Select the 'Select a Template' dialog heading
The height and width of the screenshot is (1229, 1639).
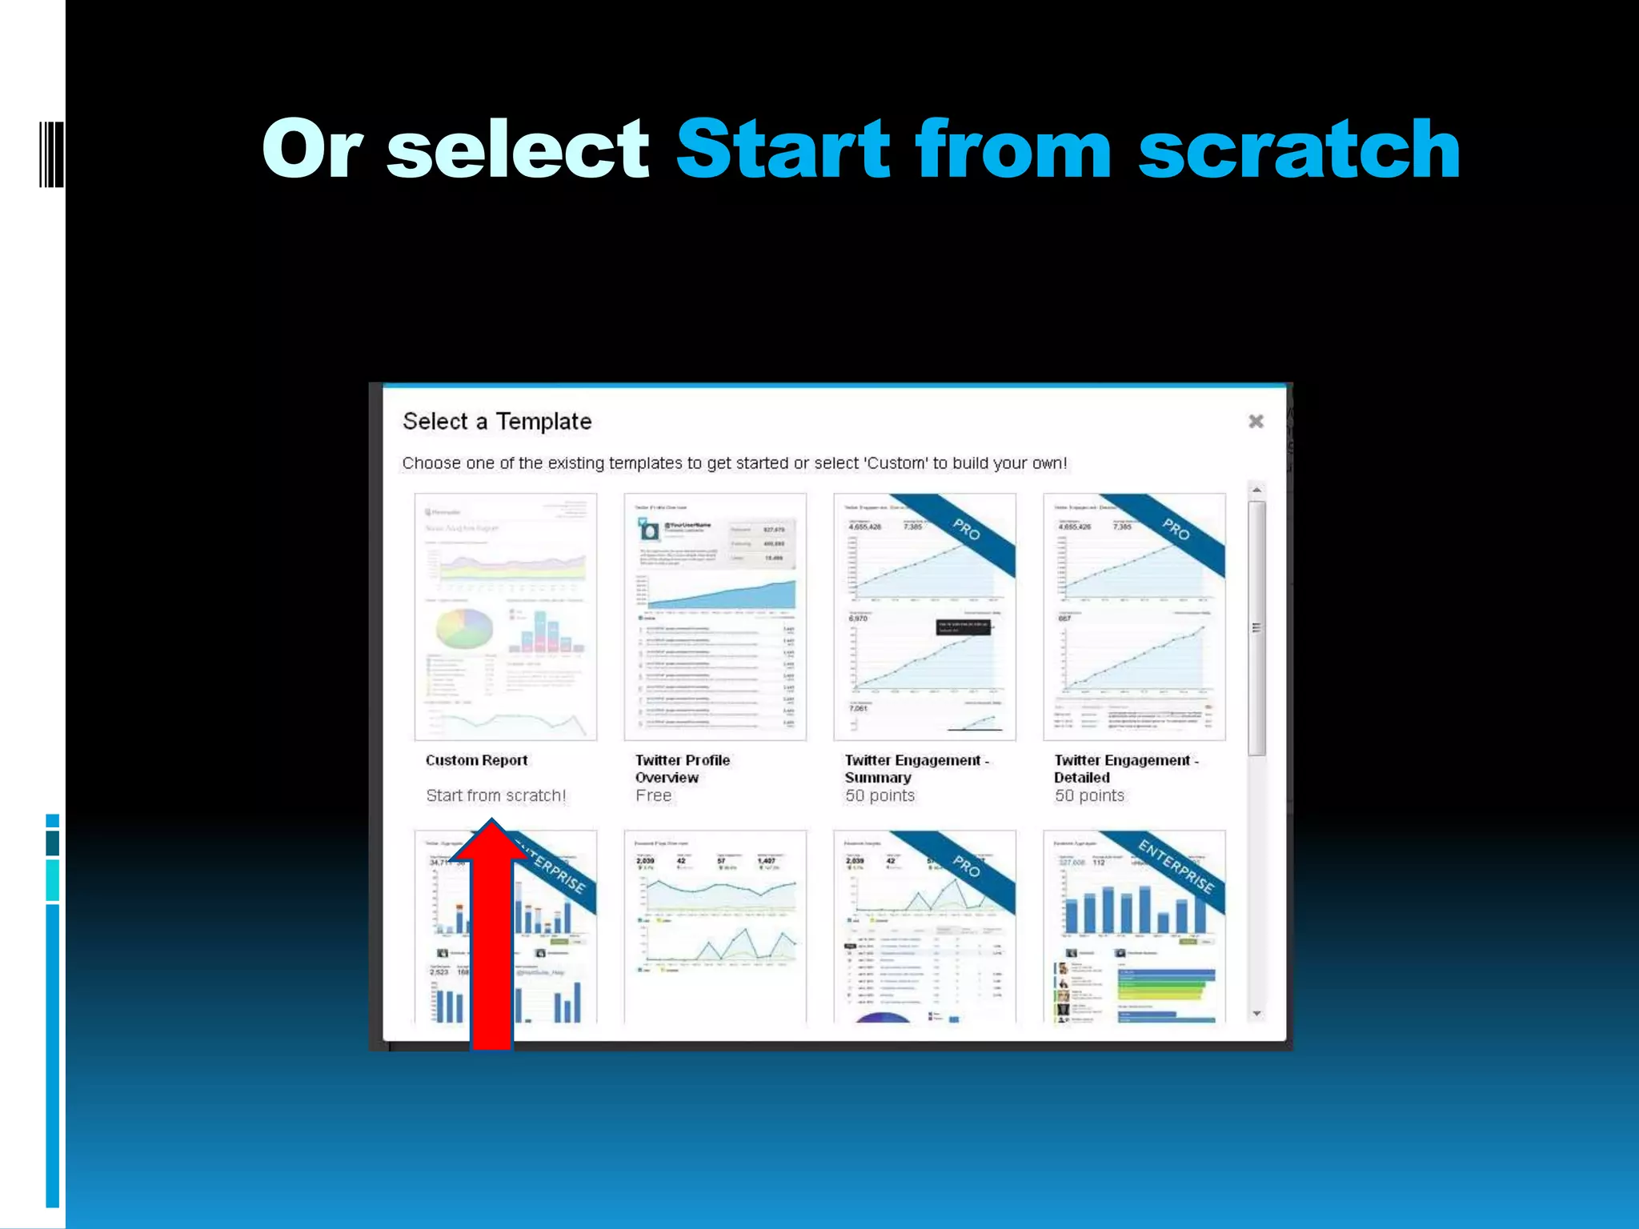[x=497, y=422]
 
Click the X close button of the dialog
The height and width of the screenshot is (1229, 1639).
[x=1256, y=422]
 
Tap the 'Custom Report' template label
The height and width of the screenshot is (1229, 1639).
[x=476, y=760]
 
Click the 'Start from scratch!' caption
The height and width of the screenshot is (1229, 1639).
[x=495, y=795]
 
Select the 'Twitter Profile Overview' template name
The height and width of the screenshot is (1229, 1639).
[x=682, y=768]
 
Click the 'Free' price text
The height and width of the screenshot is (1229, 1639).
[x=653, y=795]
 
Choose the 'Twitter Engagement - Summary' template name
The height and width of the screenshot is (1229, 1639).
[x=916, y=768]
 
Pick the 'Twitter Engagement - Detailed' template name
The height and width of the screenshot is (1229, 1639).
[x=1125, y=768]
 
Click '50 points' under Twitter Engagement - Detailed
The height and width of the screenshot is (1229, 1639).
[x=1089, y=795]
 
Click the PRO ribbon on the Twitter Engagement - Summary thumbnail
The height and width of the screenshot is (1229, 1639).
[x=967, y=530]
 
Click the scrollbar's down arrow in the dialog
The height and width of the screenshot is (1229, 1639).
[x=1256, y=1014]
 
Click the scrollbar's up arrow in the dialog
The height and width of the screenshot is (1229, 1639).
[x=1256, y=490]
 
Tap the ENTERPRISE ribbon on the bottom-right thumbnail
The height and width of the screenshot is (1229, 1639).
[x=1176, y=867]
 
